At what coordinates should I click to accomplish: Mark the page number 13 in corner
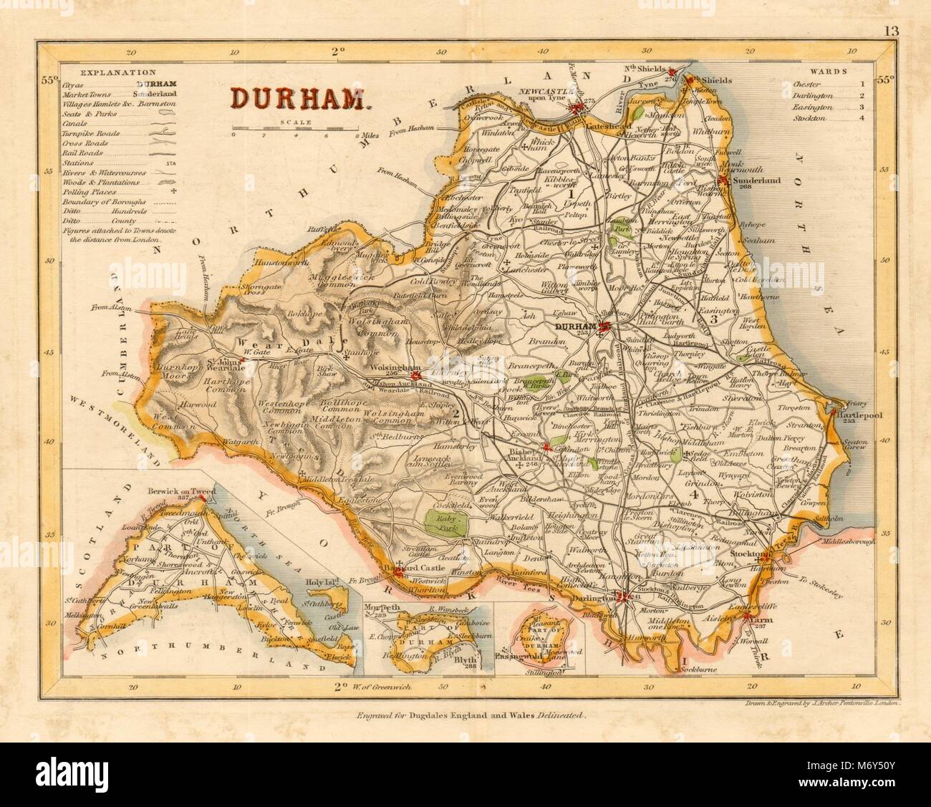coord(890,51)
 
